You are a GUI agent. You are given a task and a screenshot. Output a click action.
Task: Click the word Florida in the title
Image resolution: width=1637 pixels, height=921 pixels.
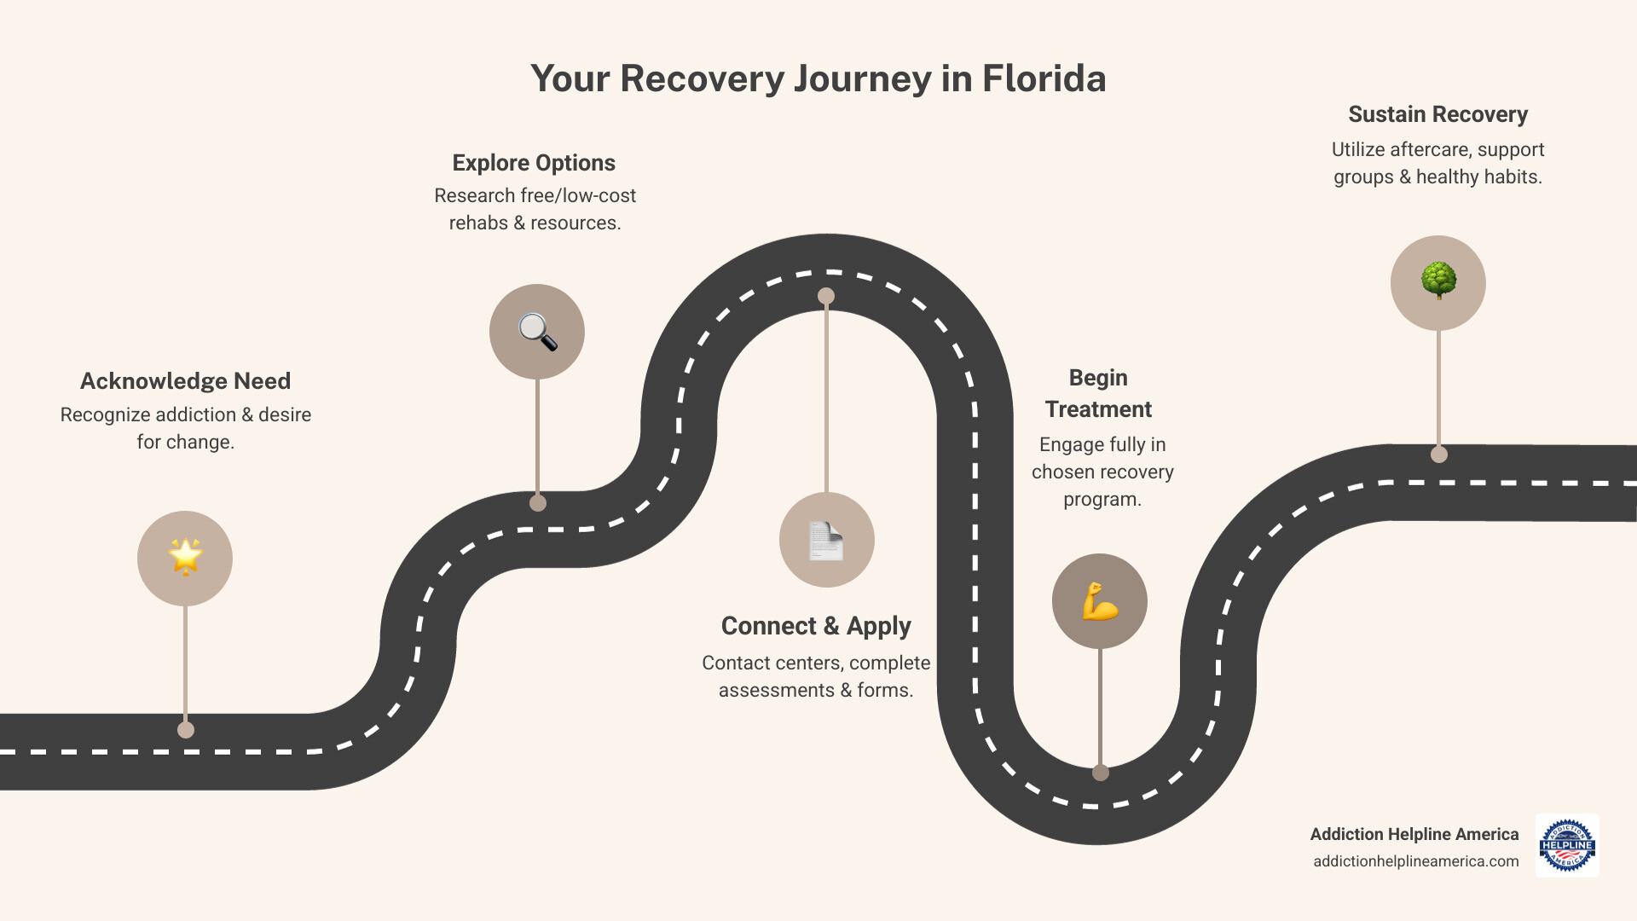click(x=1044, y=78)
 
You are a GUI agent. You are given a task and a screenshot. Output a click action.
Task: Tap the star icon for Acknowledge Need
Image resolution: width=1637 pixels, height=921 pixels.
click(x=185, y=558)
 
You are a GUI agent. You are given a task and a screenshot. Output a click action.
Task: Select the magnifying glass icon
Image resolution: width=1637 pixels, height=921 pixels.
click(x=537, y=332)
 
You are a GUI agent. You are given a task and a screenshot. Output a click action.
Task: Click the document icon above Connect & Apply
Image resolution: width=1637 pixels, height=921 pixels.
click(x=826, y=540)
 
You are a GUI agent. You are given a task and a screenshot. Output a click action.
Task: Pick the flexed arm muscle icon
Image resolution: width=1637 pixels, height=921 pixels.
click(x=1099, y=601)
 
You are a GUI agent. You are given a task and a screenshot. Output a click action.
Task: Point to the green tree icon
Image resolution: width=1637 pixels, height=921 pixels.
click(x=1438, y=281)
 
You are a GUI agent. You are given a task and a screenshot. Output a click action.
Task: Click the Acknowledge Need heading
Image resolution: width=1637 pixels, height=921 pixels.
click(x=185, y=381)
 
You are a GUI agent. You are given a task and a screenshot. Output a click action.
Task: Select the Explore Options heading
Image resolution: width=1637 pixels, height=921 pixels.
click(x=534, y=163)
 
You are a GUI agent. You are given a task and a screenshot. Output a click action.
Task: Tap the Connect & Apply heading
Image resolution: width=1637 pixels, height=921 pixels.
click(x=816, y=626)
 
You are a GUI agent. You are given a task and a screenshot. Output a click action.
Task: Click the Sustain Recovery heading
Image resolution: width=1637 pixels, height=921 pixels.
click(x=1437, y=114)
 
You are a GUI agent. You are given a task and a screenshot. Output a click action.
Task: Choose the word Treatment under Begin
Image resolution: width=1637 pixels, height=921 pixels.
click(x=1098, y=409)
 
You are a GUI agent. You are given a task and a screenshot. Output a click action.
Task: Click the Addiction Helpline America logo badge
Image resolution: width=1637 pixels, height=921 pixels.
click(x=1567, y=845)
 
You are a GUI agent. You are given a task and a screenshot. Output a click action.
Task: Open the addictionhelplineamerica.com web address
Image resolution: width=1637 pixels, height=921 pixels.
click(x=1415, y=861)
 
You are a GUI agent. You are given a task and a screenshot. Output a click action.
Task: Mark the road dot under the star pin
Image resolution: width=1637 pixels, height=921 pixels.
click(x=186, y=730)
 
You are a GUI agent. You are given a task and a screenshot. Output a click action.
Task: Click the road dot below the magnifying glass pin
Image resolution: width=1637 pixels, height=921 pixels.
click(x=538, y=503)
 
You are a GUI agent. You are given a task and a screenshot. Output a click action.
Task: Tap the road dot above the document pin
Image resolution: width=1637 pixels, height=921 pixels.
click(x=826, y=296)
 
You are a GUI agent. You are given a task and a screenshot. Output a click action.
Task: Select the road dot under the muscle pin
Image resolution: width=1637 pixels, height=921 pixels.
click(x=1101, y=773)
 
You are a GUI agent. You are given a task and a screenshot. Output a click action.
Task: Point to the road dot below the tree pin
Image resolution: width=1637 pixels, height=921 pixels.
click(x=1439, y=455)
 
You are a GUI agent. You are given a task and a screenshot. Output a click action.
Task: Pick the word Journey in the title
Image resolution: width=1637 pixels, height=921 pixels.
click(x=862, y=78)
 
